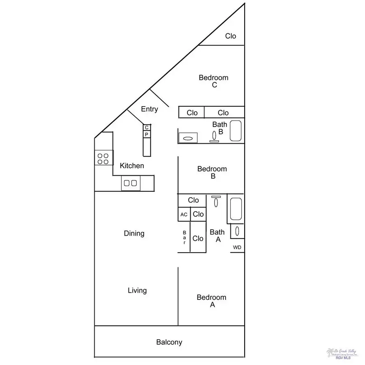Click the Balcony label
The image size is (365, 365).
click(169, 342)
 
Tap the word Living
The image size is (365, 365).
click(137, 290)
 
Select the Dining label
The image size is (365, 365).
click(134, 234)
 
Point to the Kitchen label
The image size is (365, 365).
click(132, 165)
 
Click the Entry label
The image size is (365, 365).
click(149, 109)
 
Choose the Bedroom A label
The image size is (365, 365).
click(211, 301)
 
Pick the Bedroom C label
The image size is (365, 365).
click(213, 81)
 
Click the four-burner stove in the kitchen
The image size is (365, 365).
click(103, 158)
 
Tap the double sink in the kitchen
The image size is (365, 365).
click(130, 183)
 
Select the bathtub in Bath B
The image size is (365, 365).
click(236, 131)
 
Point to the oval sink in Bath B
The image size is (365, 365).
click(188, 138)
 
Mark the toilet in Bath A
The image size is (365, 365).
click(216, 201)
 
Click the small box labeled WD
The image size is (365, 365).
click(237, 247)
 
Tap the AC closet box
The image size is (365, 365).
click(184, 215)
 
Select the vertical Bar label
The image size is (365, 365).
click(184, 238)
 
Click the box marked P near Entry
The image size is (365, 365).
click(147, 134)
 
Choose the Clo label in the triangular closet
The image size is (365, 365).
click(230, 36)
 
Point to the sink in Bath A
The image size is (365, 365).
click(237, 231)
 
